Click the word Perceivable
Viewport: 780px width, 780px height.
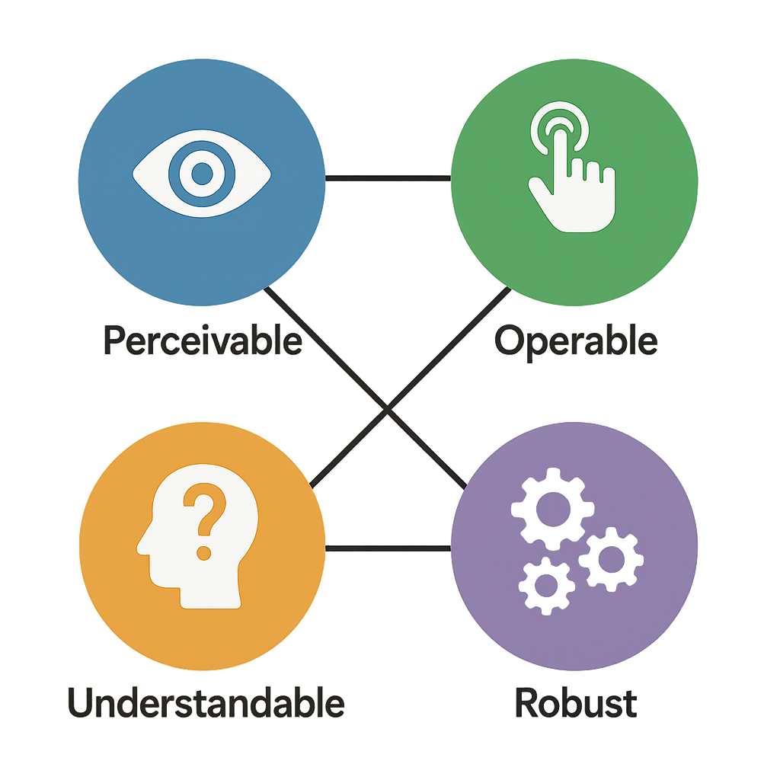(x=203, y=340)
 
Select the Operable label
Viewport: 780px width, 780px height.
(x=576, y=342)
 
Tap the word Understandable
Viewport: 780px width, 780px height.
(x=206, y=702)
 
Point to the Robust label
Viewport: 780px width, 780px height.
(x=576, y=702)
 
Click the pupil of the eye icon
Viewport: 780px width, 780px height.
(x=202, y=174)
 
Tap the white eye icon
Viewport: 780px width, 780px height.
(x=202, y=174)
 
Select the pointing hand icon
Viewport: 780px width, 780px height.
(x=572, y=167)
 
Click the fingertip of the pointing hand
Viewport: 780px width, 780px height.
(x=561, y=133)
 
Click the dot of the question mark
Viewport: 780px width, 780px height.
(x=204, y=553)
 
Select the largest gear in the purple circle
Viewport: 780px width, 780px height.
(x=553, y=509)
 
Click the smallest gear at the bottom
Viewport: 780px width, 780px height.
(x=546, y=586)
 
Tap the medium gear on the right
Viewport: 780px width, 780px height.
(x=612, y=559)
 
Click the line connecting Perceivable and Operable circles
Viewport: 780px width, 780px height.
(x=388, y=178)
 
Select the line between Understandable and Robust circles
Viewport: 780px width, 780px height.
(x=388, y=548)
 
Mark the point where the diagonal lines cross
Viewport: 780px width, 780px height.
(x=388, y=409)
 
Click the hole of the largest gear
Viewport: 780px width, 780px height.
(x=553, y=509)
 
